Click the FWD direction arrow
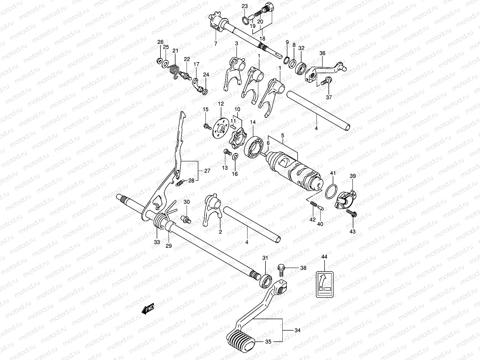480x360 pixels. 147,309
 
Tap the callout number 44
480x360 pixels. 324,257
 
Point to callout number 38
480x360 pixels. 303,268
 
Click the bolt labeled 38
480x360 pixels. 281,269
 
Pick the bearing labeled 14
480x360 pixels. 254,146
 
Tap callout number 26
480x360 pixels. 160,42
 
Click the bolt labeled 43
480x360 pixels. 351,214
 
